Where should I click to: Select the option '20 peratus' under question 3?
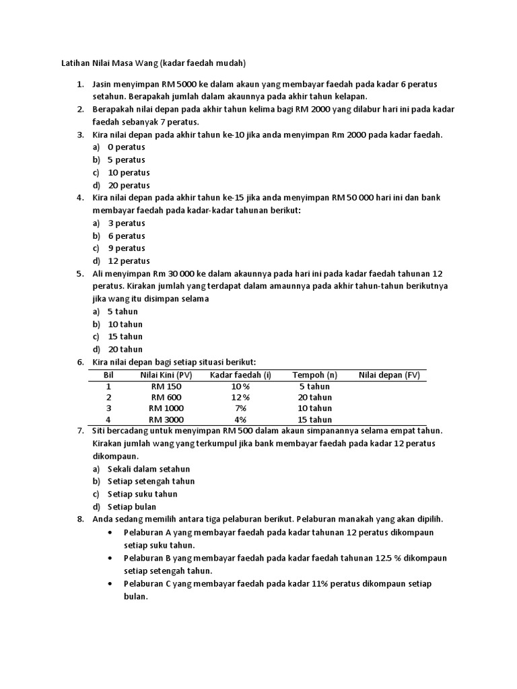128,185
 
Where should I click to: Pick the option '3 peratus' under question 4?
126,223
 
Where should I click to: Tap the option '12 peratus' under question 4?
128,261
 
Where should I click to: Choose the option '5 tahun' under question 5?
123,312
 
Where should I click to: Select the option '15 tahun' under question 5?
125,336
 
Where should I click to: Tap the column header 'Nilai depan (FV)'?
389,375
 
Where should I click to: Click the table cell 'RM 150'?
166,387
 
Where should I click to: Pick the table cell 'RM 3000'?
166,419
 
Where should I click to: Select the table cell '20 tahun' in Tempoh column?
314,398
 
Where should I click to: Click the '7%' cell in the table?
240,408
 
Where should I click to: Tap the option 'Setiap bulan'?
132,507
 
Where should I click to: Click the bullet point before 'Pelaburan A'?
110,532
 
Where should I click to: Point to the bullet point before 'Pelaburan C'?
110,584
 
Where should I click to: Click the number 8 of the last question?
79,519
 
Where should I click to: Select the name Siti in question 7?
100,431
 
